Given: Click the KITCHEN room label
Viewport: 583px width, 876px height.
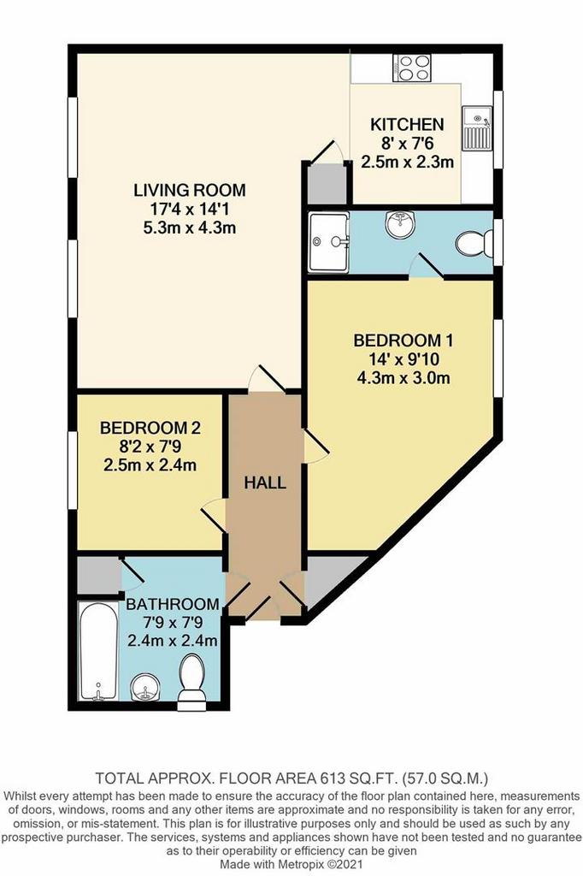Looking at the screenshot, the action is click(407, 124).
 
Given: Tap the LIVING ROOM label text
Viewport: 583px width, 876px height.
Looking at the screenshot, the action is click(189, 190).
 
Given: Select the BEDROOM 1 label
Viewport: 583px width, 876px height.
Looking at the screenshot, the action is click(403, 340).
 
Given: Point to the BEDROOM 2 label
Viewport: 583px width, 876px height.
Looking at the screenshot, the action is click(150, 428).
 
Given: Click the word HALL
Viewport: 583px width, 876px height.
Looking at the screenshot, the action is click(265, 482).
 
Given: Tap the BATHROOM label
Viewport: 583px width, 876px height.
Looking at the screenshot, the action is click(172, 604).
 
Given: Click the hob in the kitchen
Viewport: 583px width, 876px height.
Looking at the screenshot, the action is click(411, 68).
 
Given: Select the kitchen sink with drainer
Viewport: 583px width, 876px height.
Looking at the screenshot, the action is click(476, 129).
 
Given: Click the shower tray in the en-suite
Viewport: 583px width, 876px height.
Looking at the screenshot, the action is click(329, 242).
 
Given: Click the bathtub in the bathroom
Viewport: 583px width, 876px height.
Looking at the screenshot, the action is click(98, 651).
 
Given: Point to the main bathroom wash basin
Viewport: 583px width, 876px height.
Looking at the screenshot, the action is click(145, 687).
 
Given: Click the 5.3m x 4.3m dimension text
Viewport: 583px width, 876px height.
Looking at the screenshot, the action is click(189, 228).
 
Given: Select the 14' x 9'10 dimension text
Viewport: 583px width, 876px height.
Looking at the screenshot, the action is click(403, 359).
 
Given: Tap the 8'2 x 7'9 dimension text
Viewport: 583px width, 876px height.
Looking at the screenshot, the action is click(150, 447).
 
